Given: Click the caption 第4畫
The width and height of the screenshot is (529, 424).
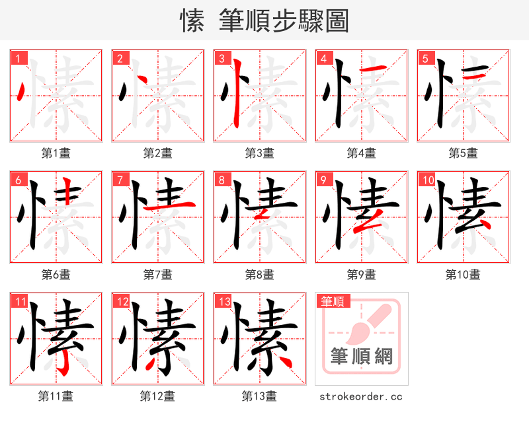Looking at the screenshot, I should coord(361,153).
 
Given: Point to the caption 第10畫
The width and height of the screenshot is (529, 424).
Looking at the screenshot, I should coord(463,274).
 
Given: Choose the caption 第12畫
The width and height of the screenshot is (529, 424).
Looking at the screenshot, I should coord(157,396).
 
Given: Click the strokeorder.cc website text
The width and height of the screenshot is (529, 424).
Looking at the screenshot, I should coord(360,397).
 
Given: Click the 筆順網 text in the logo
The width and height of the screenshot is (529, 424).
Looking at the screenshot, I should coord(362,357).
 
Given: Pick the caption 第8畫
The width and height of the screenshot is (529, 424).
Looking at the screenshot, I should coord(259,274).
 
